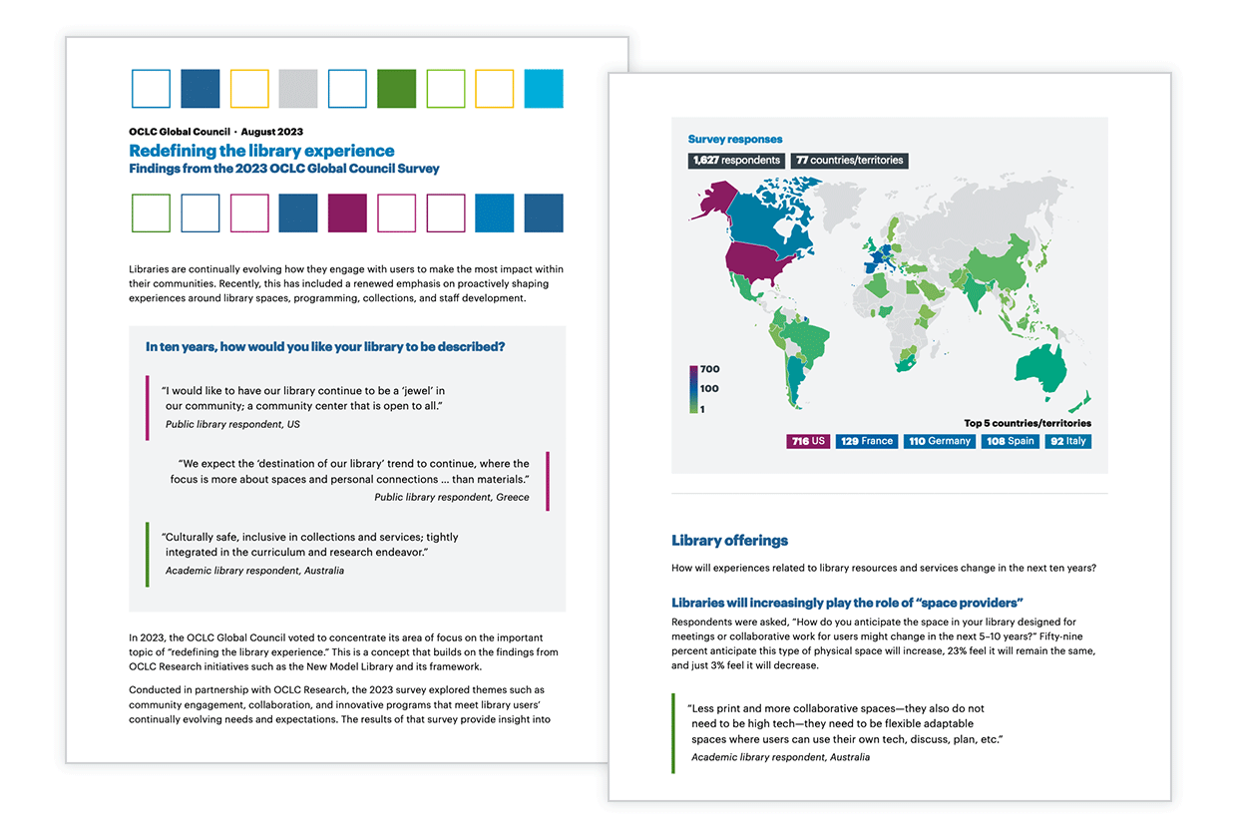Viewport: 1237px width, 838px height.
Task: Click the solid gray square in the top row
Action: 298,89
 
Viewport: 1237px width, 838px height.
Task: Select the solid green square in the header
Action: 397,89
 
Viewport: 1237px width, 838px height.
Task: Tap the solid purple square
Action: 347,213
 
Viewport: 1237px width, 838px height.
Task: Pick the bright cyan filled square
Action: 544,89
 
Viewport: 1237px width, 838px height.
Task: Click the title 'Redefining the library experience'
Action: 261,151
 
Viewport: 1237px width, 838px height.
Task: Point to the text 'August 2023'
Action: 271,132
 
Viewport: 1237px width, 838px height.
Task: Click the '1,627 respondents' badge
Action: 735,160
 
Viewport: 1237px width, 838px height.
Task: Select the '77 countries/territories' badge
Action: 850,160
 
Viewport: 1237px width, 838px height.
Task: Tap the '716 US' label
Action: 808,441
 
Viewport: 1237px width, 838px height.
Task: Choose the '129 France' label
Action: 866,441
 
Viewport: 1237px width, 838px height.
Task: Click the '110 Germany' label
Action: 940,441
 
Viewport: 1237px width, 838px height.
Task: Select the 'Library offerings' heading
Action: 729,541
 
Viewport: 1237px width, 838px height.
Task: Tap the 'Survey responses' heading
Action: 735,140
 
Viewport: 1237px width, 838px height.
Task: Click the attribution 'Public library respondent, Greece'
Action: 451,497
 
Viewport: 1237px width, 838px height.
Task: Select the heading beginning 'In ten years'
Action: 325,347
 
